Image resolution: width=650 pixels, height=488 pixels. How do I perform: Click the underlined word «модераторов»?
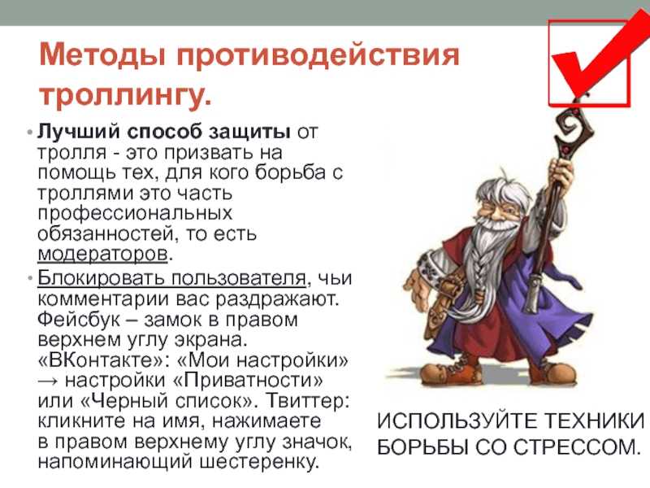click(102, 254)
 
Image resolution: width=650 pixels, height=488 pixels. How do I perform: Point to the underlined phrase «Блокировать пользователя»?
click(171, 277)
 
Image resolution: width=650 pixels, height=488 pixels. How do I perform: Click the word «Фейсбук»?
click(79, 320)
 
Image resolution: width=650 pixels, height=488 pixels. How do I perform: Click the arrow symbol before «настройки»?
click(48, 381)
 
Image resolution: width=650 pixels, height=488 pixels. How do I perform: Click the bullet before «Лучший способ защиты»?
click(29, 133)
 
